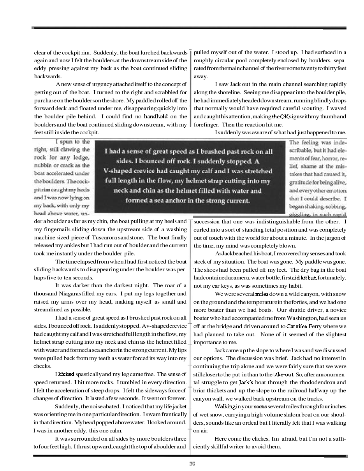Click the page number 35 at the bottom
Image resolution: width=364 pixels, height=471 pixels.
click(x=192, y=464)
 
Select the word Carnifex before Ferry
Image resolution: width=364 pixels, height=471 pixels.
click(x=298, y=326)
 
